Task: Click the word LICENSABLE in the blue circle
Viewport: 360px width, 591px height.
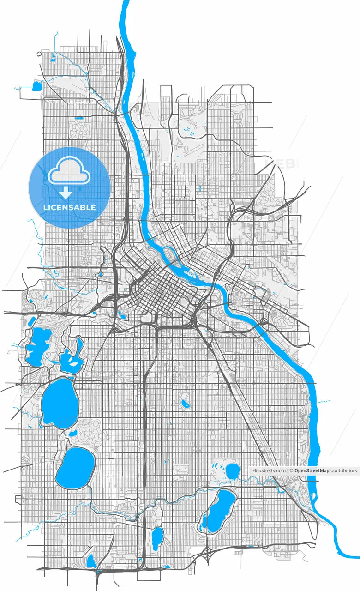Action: [70, 207]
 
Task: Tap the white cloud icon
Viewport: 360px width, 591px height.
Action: [69, 171]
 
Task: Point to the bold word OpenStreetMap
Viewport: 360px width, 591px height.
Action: [312, 470]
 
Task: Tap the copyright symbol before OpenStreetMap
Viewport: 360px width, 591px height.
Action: [291, 470]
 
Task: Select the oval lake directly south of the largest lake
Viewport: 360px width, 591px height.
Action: [75, 466]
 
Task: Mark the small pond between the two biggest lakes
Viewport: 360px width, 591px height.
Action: [73, 433]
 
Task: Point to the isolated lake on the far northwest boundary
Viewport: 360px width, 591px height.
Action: [37, 86]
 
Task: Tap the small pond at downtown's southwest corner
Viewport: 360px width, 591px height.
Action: [122, 316]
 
